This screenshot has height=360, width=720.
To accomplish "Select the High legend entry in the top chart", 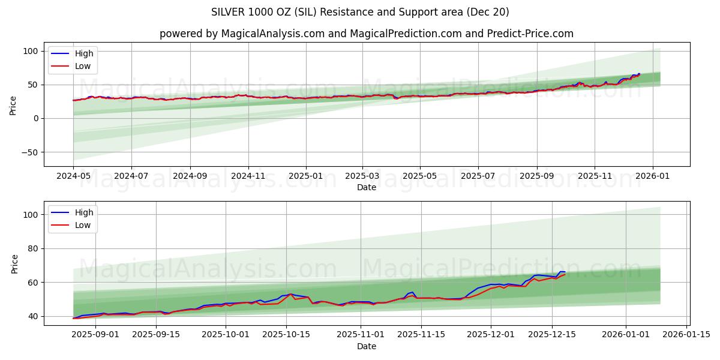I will click(83, 53).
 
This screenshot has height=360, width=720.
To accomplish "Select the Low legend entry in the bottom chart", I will click(83, 225).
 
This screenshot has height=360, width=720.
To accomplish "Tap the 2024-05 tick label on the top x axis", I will click(73, 176).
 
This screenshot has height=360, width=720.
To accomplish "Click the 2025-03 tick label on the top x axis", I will click(362, 176).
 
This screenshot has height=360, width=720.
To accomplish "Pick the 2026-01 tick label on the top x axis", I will click(652, 176).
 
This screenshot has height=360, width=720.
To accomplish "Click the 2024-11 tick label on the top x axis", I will click(248, 176).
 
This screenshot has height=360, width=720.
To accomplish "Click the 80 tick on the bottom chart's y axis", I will click(33, 248).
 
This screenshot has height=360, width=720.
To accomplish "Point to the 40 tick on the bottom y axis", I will click(33, 316).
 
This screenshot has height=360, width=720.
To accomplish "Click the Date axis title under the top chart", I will click(366, 187).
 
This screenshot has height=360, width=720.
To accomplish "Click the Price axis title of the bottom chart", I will click(14, 263).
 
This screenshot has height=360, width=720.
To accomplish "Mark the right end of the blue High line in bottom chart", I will click(565, 272).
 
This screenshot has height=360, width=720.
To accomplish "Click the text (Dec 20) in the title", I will click(489, 12).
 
